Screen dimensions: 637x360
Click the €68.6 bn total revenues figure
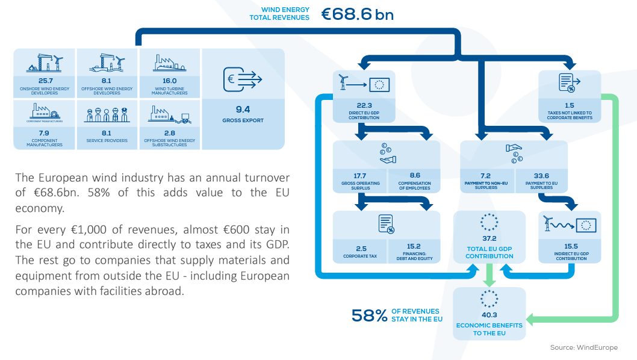click(x=358, y=14)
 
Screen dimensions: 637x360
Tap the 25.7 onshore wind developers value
click(x=46, y=81)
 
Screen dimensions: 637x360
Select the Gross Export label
click(x=243, y=120)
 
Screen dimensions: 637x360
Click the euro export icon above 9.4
click(x=243, y=79)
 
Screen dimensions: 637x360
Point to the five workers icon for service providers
click(x=107, y=115)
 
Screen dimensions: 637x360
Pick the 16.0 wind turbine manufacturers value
click(x=169, y=81)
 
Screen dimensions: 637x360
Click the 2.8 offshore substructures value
click(x=169, y=133)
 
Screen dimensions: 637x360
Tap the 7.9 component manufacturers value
click(x=44, y=133)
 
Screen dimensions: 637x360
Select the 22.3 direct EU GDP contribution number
click(x=364, y=105)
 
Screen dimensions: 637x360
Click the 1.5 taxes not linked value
click(x=569, y=105)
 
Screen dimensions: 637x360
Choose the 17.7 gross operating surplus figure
click(x=359, y=176)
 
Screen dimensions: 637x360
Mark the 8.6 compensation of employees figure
click(x=415, y=175)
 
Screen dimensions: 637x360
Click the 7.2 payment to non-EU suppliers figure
click(x=485, y=176)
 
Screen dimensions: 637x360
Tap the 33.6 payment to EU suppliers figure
click(x=541, y=176)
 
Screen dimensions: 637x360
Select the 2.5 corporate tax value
click(x=361, y=248)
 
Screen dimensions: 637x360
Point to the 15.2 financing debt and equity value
click(x=414, y=246)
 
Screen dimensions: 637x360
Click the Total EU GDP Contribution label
click(x=489, y=252)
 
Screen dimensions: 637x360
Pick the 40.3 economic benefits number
click(x=489, y=315)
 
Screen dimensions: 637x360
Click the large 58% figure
click(x=369, y=315)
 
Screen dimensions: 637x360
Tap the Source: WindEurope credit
click(x=584, y=347)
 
